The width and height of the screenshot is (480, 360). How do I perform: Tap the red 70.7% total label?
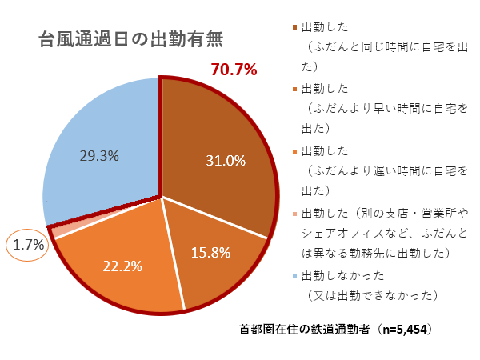(234, 70)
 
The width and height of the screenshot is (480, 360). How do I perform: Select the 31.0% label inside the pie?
(225, 161)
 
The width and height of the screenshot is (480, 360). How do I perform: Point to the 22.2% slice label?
(122, 265)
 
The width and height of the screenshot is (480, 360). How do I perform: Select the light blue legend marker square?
(295, 278)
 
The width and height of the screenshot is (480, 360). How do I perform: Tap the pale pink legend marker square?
(295, 215)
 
